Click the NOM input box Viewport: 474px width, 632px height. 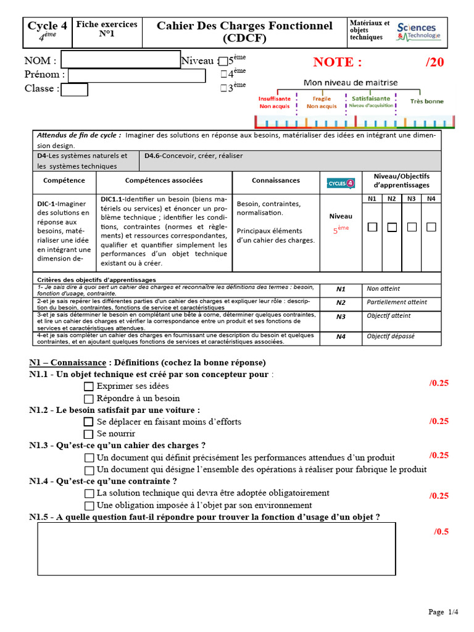tap(120, 60)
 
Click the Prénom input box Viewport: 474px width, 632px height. tap(136, 75)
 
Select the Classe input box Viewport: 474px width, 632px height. tap(75, 89)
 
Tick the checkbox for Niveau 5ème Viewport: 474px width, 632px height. tap(223, 61)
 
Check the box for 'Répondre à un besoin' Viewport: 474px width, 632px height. tap(89, 399)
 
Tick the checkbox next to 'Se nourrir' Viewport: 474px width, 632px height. tap(89, 434)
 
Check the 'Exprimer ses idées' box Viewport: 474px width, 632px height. tap(89, 386)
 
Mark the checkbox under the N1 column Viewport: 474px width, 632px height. tap(372, 227)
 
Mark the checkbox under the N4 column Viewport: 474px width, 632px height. tap(431, 227)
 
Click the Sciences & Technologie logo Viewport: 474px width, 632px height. tap(419, 31)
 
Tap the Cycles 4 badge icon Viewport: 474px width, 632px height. tap(341, 183)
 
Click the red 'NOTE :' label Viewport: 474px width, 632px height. tap(337, 62)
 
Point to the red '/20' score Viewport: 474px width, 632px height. tap(434, 62)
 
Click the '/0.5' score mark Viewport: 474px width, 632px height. tap(441, 531)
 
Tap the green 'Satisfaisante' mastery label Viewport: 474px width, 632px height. tap(370, 98)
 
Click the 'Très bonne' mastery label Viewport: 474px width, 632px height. tap(426, 101)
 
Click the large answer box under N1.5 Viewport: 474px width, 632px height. tap(216, 549)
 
